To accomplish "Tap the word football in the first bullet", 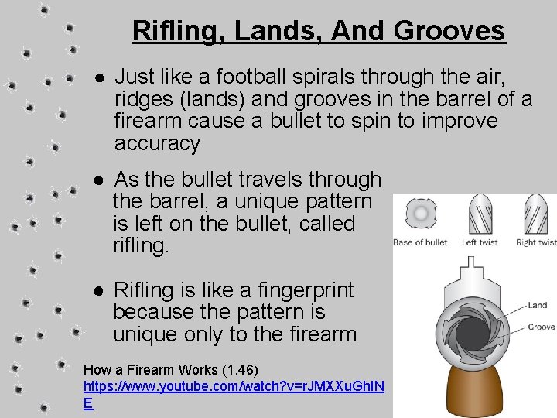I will point(256,77).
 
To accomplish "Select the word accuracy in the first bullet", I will point(157,143).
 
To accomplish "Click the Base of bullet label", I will point(420,242).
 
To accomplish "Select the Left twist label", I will point(480,242).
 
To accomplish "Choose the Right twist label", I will point(536,242).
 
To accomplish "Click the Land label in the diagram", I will point(538,306).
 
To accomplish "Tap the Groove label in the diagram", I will point(541,327).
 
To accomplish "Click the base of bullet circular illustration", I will point(420,214).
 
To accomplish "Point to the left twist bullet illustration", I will point(480,214).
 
